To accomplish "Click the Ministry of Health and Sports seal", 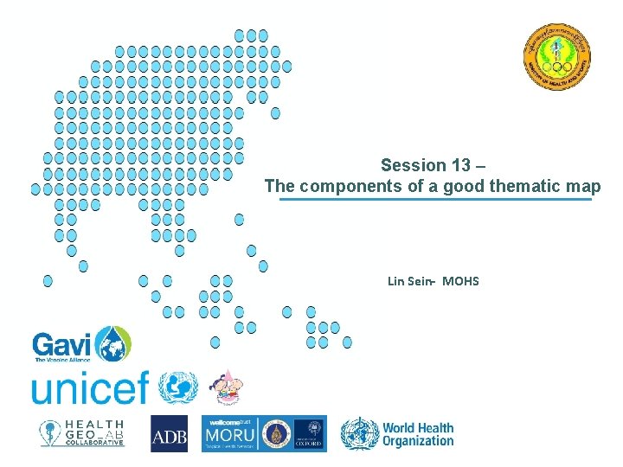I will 558,57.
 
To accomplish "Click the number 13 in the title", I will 460,165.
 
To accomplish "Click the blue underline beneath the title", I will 435,200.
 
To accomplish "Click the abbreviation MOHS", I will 460,281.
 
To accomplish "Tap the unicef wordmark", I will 90,387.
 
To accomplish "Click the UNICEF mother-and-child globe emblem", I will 179,387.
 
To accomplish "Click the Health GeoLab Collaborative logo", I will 82,432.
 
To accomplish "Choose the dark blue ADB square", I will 169,433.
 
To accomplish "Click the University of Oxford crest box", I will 309,433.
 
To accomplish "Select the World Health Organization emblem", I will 359,433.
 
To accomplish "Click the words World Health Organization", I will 418,434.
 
